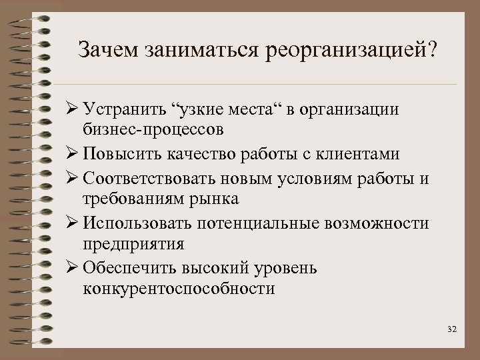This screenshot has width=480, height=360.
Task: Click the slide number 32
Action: [453, 329]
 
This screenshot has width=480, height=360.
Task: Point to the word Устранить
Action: [125, 109]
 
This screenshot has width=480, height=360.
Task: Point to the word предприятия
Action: [134, 243]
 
